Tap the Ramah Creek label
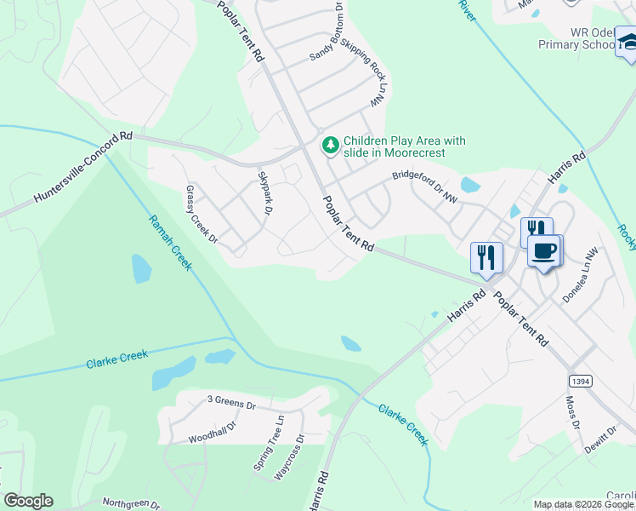coord(171,243)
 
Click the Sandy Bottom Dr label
coord(326,32)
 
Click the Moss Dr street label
coord(574,412)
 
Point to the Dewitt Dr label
coord(599,436)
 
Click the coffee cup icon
coord(544,250)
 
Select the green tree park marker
coord(330,146)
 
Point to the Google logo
coord(28,501)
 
